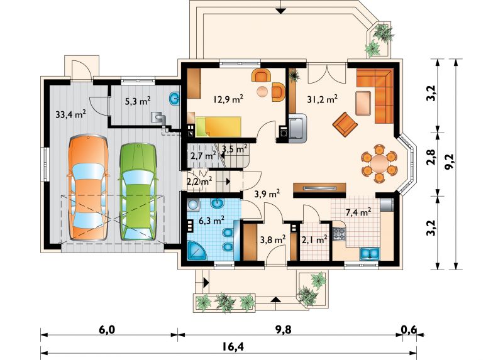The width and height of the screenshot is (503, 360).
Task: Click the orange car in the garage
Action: coord(88,188)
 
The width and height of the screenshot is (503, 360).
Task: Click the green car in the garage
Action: coord(138,192)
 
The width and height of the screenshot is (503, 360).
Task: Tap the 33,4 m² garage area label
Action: coord(70,114)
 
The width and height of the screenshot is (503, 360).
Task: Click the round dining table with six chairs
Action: coord(379,163)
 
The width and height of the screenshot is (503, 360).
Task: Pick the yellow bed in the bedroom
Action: coord(219,126)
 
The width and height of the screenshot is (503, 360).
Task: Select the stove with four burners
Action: coord(339,234)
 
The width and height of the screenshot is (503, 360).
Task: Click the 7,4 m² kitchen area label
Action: coord(358,212)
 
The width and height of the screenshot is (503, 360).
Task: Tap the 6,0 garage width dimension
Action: coord(107,330)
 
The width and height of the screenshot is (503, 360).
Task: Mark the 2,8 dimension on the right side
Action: coord(432,158)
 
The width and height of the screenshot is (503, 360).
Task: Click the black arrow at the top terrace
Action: coord(281,11)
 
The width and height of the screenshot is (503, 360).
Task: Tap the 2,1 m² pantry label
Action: coord(314,239)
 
